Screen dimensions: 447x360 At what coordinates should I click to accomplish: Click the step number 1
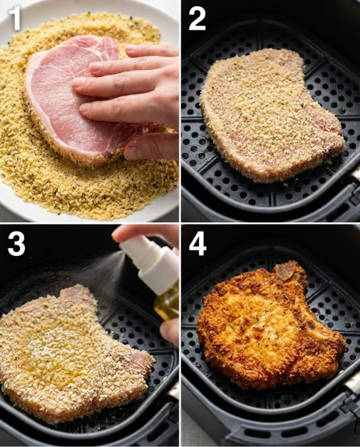point(15,18)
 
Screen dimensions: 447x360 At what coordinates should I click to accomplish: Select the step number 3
point(16,244)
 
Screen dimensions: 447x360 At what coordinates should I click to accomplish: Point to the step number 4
point(197,243)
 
